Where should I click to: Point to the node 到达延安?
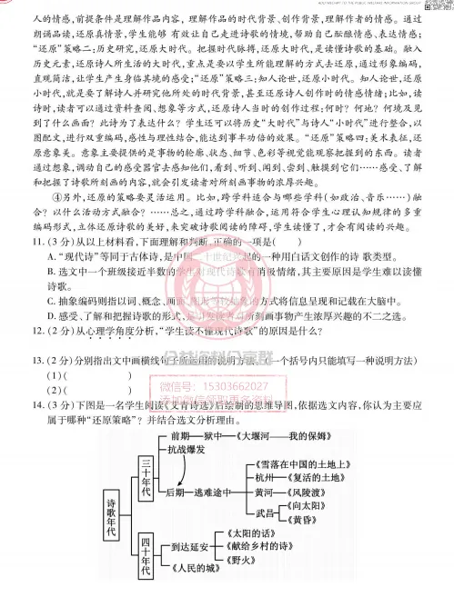(187, 548)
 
